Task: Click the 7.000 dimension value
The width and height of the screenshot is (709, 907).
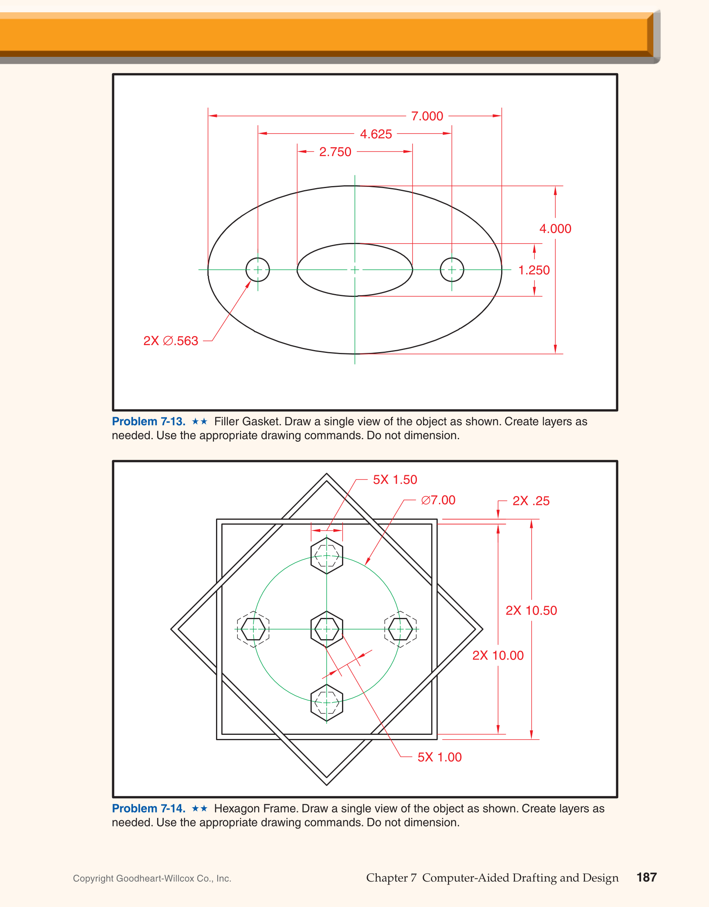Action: pos(427,116)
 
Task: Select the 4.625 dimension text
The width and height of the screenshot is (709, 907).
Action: pos(376,134)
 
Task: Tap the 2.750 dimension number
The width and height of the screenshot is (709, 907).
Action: pos(335,152)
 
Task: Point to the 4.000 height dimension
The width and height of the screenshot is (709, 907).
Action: pos(555,229)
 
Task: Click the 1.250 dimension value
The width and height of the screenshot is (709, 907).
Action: pos(533,270)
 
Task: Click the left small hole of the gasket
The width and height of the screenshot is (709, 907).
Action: pos(258,269)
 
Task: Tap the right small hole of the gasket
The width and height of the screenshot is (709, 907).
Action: pos(452,269)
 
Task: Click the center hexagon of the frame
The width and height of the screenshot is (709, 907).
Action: pos(326,629)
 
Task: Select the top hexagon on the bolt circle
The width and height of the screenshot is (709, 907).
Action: pos(326,555)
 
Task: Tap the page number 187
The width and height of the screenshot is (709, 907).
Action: pos(646,877)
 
